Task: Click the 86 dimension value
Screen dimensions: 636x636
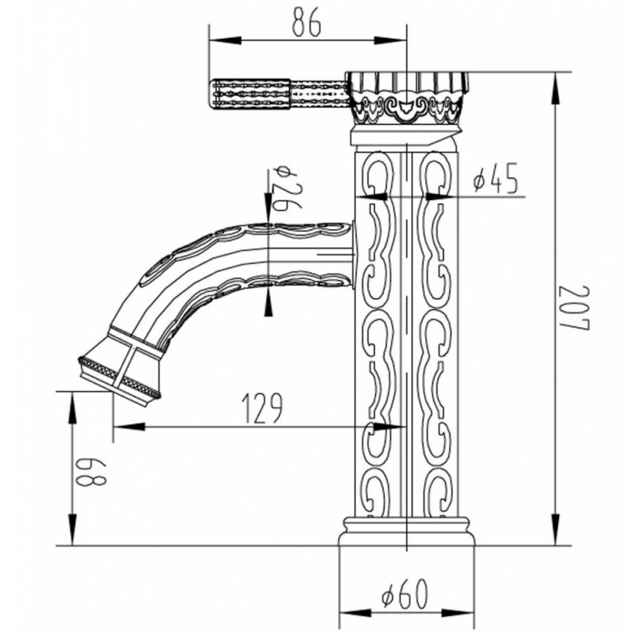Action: point(306,22)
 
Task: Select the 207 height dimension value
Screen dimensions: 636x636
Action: point(573,308)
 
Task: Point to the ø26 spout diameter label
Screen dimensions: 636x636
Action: point(287,188)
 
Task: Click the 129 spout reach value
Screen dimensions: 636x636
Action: point(262,408)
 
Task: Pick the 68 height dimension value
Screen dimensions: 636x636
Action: point(91,472)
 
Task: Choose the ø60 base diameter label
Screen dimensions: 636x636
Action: point(405,594)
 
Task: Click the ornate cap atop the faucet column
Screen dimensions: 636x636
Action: point(408,97)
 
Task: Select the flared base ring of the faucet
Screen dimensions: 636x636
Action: point(406,531)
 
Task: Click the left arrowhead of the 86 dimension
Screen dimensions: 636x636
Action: point(225,41)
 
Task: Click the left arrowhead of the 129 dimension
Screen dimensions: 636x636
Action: point(129,426)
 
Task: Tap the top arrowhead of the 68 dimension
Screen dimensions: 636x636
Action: point(72,408)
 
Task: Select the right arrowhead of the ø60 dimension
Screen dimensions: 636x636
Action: point(459,613)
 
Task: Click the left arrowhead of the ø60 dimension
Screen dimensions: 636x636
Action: point(355,613)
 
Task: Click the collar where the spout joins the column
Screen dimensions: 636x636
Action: point(353,254)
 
